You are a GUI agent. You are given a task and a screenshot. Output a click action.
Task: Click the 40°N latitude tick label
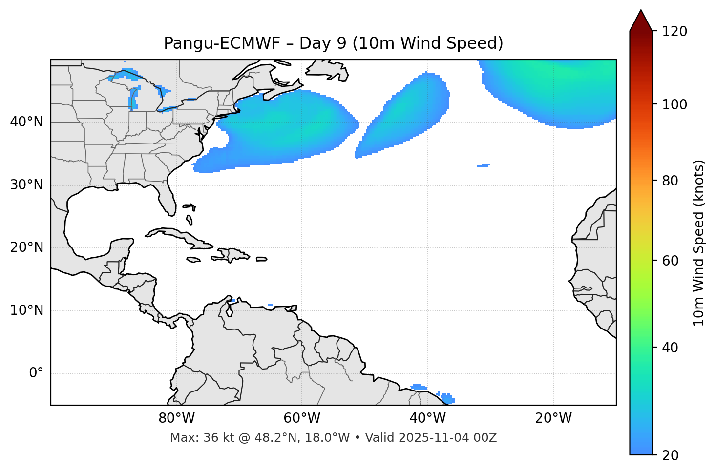(x=26, y=122)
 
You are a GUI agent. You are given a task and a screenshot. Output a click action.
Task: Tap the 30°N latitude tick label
(x=26, y=185)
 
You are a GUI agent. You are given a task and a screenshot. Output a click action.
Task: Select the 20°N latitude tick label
(x=26, y=247)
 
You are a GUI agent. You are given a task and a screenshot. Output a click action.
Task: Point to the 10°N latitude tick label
(x=26, y=310)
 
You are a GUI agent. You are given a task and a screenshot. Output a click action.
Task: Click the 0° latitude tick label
(x=36, y=373)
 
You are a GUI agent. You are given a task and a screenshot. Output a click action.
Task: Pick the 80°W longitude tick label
(x=176, y=418)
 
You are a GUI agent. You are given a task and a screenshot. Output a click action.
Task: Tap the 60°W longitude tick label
(x=302, y=418)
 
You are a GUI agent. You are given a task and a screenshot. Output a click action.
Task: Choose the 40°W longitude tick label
(x=427, y=418)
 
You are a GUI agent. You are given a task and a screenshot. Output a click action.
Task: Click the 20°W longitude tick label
(x=553, y=418)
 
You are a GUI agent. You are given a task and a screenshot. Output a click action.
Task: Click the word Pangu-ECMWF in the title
(x=222, y=43)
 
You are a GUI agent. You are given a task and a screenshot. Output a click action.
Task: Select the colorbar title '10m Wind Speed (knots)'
(x=699, y=243)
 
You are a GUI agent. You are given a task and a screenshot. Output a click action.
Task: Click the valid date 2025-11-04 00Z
(x=447, y=438)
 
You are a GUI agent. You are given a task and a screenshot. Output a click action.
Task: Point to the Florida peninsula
(x=168, y=200)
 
